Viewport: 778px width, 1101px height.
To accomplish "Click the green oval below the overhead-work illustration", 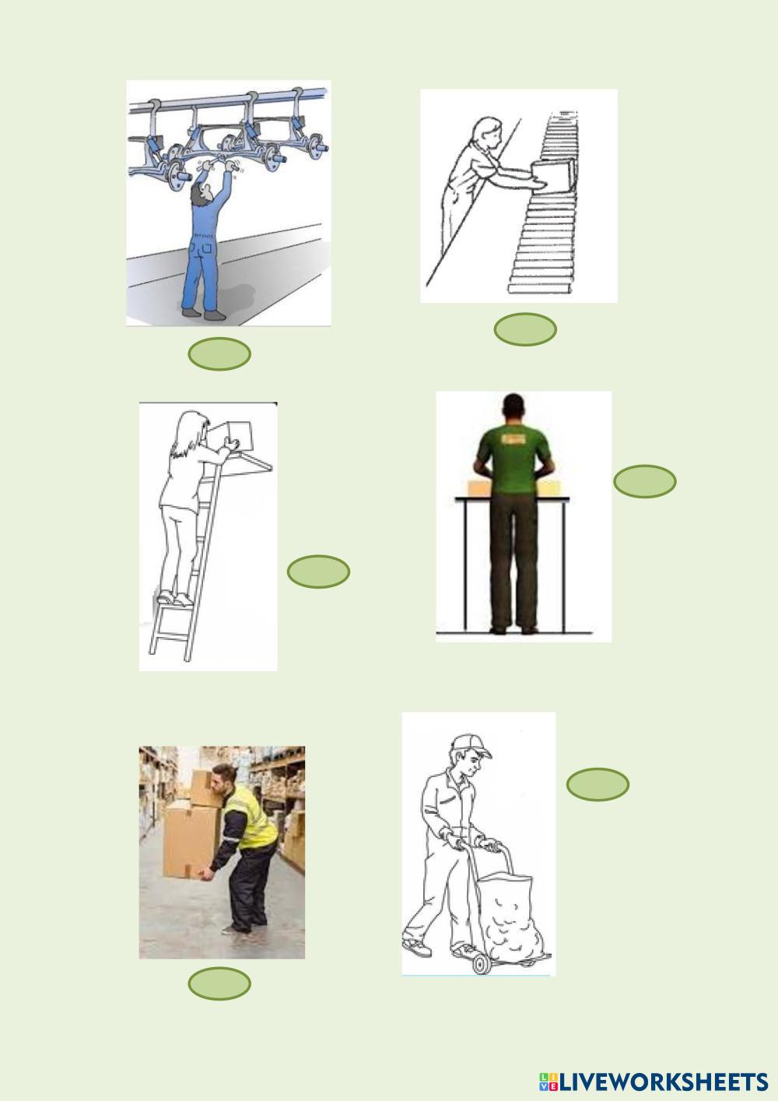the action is [219, 354].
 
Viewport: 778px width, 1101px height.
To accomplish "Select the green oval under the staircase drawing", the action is [525, 329].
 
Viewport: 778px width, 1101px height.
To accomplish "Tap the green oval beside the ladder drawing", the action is [318, 572].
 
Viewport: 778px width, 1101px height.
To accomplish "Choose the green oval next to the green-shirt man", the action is [645, 481].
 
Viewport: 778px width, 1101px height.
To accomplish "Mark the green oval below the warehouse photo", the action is [219, 983].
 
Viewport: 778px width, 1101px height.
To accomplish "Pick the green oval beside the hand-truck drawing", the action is [598, 784].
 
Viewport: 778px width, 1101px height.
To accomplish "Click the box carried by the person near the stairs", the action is [553, 176].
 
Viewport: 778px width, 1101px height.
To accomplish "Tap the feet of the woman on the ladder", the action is [174, 599].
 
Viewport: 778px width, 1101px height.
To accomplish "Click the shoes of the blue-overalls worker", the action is [203, 314].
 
